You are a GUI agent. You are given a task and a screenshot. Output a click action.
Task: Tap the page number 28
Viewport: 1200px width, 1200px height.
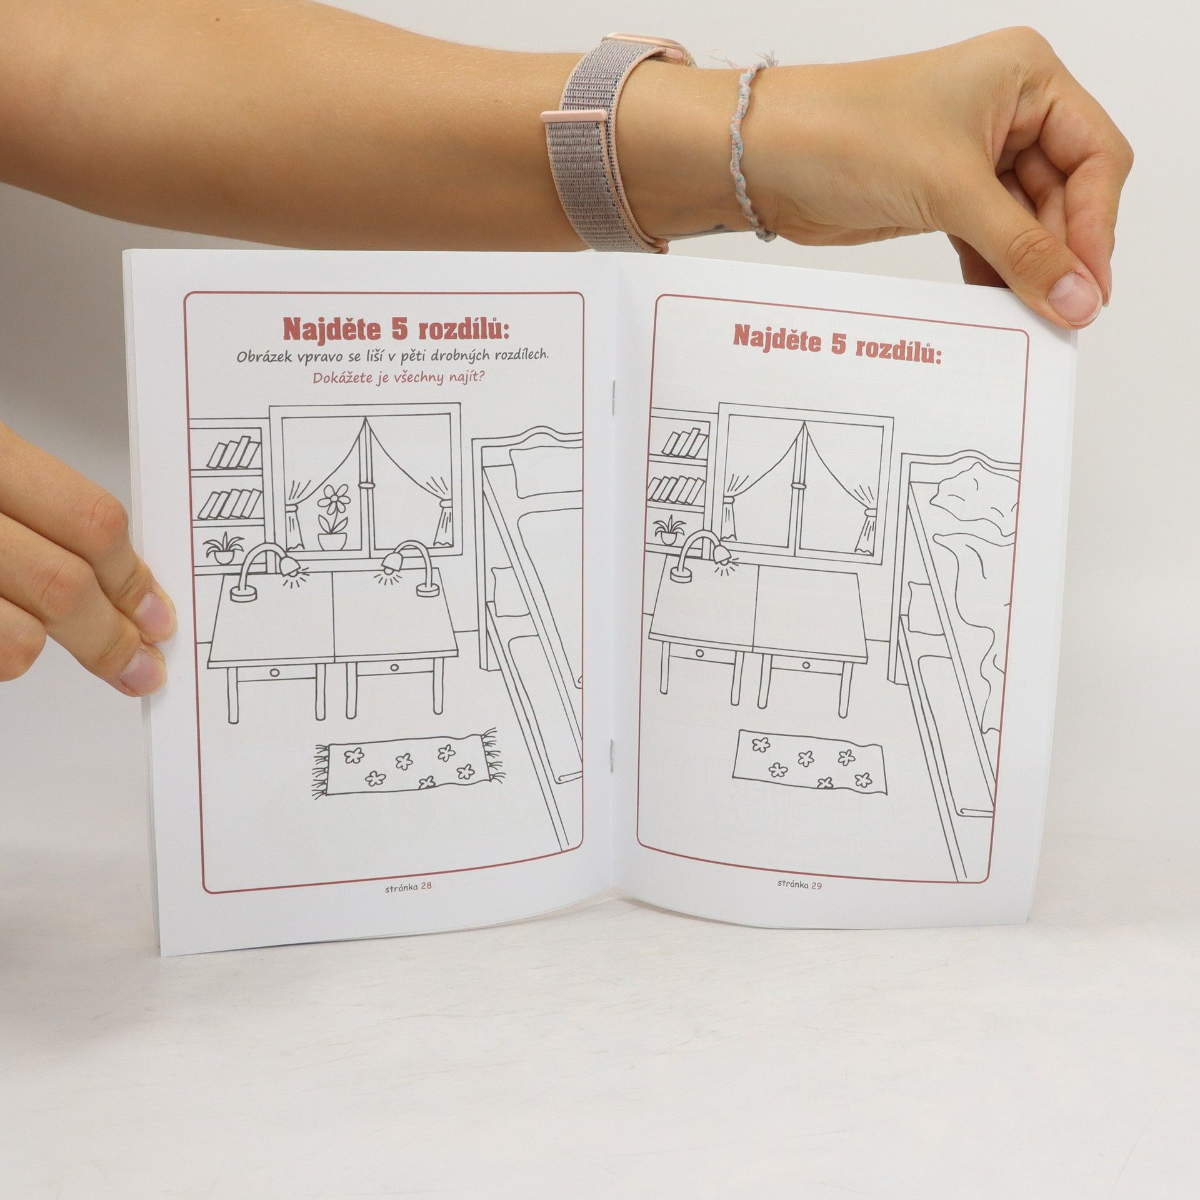pos(426,884)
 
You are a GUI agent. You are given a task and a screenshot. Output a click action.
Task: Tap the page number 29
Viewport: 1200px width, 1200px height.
pos(816,884)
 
